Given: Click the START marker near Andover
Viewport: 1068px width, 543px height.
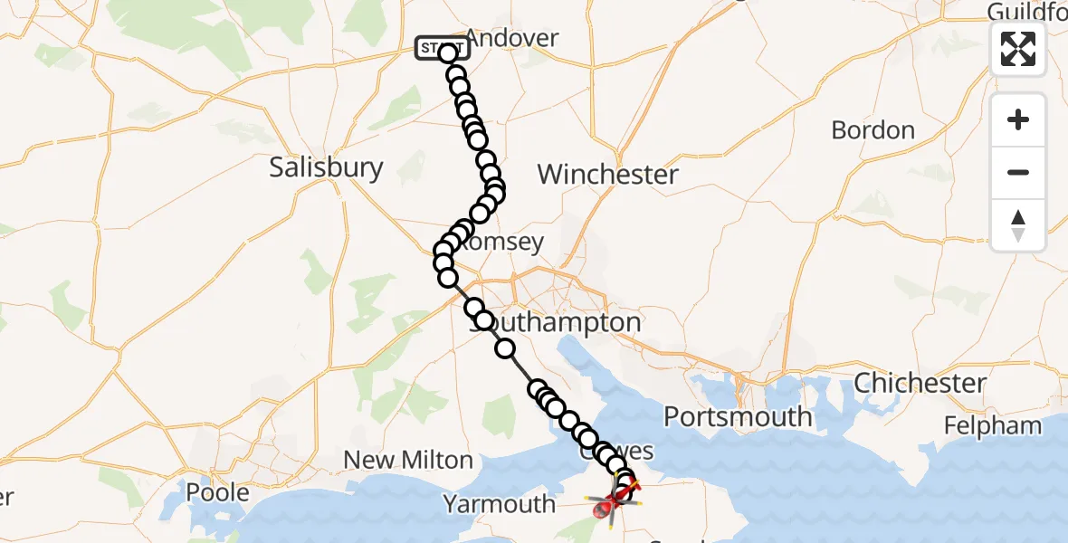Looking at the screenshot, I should (441, 48).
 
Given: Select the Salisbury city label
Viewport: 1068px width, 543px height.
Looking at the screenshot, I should (326, 167).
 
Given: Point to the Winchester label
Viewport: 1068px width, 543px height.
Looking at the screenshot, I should (608, 174).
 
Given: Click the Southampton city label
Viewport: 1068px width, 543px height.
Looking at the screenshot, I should (555, 323).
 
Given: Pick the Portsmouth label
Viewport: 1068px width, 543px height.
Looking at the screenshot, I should (738, 416).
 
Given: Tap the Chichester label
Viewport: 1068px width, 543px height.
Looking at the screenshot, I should (920, 383).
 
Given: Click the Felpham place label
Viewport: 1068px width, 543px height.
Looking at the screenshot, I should (991, 424).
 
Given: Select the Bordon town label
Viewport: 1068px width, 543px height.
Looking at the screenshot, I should (873, 130).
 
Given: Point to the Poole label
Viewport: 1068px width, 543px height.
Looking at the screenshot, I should (217, 492).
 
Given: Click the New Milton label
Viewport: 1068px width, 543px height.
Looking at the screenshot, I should (408, 460).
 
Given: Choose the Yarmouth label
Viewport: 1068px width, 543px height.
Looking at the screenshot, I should (499, 503).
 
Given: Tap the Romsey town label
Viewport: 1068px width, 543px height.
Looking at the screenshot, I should (507, 242).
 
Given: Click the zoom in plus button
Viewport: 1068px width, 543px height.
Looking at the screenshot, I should (1018, 120).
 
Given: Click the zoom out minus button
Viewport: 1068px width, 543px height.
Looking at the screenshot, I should (1018, 173).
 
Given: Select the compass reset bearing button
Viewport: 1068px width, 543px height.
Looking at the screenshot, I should (1018, 225).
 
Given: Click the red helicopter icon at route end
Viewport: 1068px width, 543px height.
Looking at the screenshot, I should (605, 510).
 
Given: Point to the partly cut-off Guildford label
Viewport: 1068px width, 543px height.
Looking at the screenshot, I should (1026, 11).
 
